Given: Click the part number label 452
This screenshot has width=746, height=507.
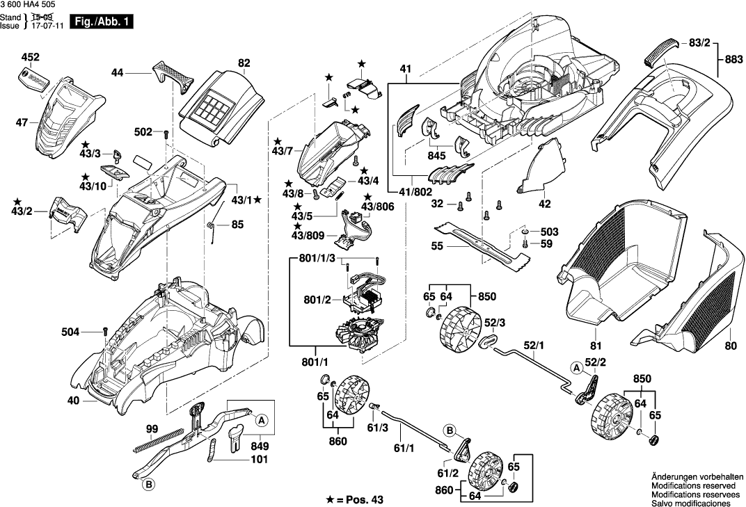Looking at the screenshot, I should [31, 56].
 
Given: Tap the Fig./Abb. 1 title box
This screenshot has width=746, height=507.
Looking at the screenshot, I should [103, 22].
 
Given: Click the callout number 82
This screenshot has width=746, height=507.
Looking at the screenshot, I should [244, 63].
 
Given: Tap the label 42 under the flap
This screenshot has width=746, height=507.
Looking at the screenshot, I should [544, 204].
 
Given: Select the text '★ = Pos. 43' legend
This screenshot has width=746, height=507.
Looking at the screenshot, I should [356, 499].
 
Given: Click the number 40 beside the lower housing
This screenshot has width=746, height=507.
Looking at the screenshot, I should [72, 401].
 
